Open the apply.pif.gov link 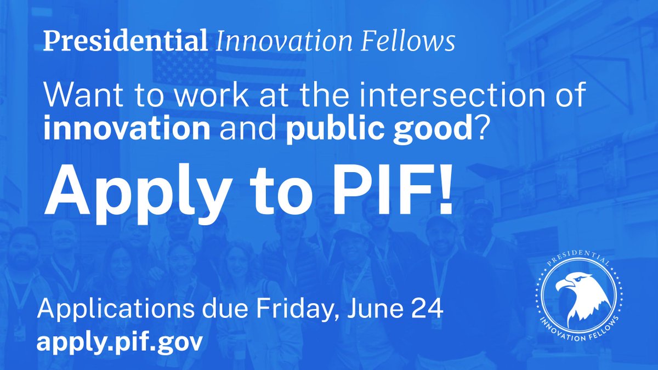[120, 342]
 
